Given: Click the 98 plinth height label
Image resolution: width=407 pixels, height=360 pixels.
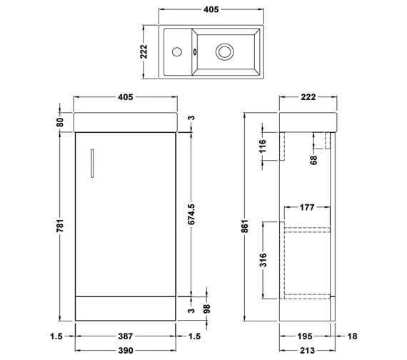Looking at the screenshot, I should point(209,307).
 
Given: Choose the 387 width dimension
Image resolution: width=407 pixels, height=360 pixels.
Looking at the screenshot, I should point(125,335).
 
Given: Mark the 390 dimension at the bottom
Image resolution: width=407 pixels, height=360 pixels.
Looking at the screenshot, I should point(125,349).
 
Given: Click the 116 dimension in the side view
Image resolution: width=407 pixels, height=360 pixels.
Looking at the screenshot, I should point(263,147).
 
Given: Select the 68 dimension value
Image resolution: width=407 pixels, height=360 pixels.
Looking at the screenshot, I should point(314,159).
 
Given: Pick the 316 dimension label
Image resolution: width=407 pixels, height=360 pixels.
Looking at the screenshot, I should point(263,258).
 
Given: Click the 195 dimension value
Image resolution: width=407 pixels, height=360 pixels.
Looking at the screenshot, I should point(304,335).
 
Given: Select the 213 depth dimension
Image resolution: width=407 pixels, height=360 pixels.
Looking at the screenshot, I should point(307,349).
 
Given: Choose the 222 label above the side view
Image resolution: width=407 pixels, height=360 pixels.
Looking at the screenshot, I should point(308,96).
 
